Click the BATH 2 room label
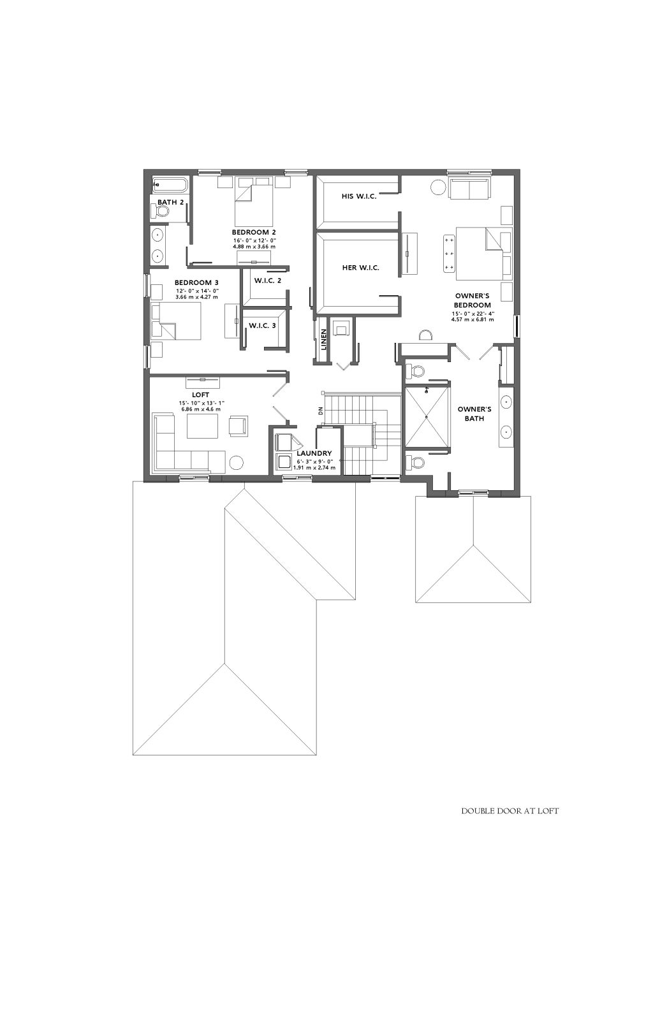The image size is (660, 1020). [170, 201]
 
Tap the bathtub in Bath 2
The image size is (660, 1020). [170, 186]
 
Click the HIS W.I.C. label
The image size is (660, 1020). [359, 196]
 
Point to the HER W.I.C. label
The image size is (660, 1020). [360, 268]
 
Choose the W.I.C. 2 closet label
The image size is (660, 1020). [267, 280]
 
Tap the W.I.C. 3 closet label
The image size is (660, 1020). [262, 326]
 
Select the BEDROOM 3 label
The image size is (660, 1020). [196, 283]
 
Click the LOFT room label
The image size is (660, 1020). [200, 395]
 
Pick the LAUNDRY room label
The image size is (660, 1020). [314, 453]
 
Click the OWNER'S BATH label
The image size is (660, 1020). [474, 414]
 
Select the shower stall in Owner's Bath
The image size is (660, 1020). [427, 416]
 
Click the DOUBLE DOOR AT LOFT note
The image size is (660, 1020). [510, 811]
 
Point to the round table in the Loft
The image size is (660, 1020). [236, 463]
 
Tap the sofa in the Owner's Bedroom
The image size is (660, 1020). [469, 188]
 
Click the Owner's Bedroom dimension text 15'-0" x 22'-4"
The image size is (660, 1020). [473, 313]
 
